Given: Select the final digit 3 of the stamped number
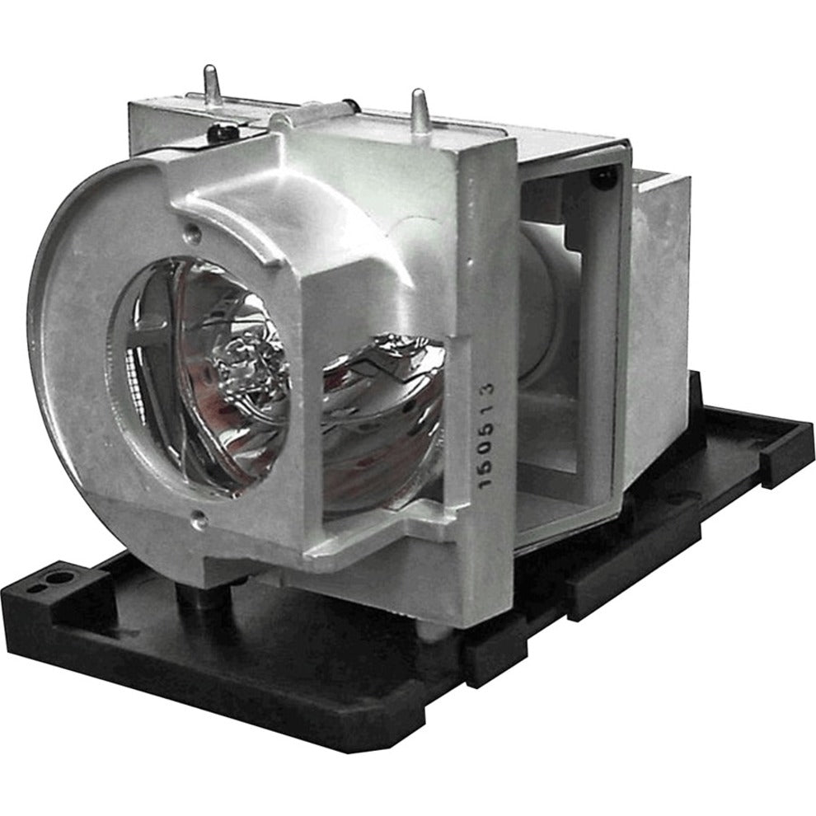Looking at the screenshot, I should (490, 388).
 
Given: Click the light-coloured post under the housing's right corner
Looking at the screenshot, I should (429, 614).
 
